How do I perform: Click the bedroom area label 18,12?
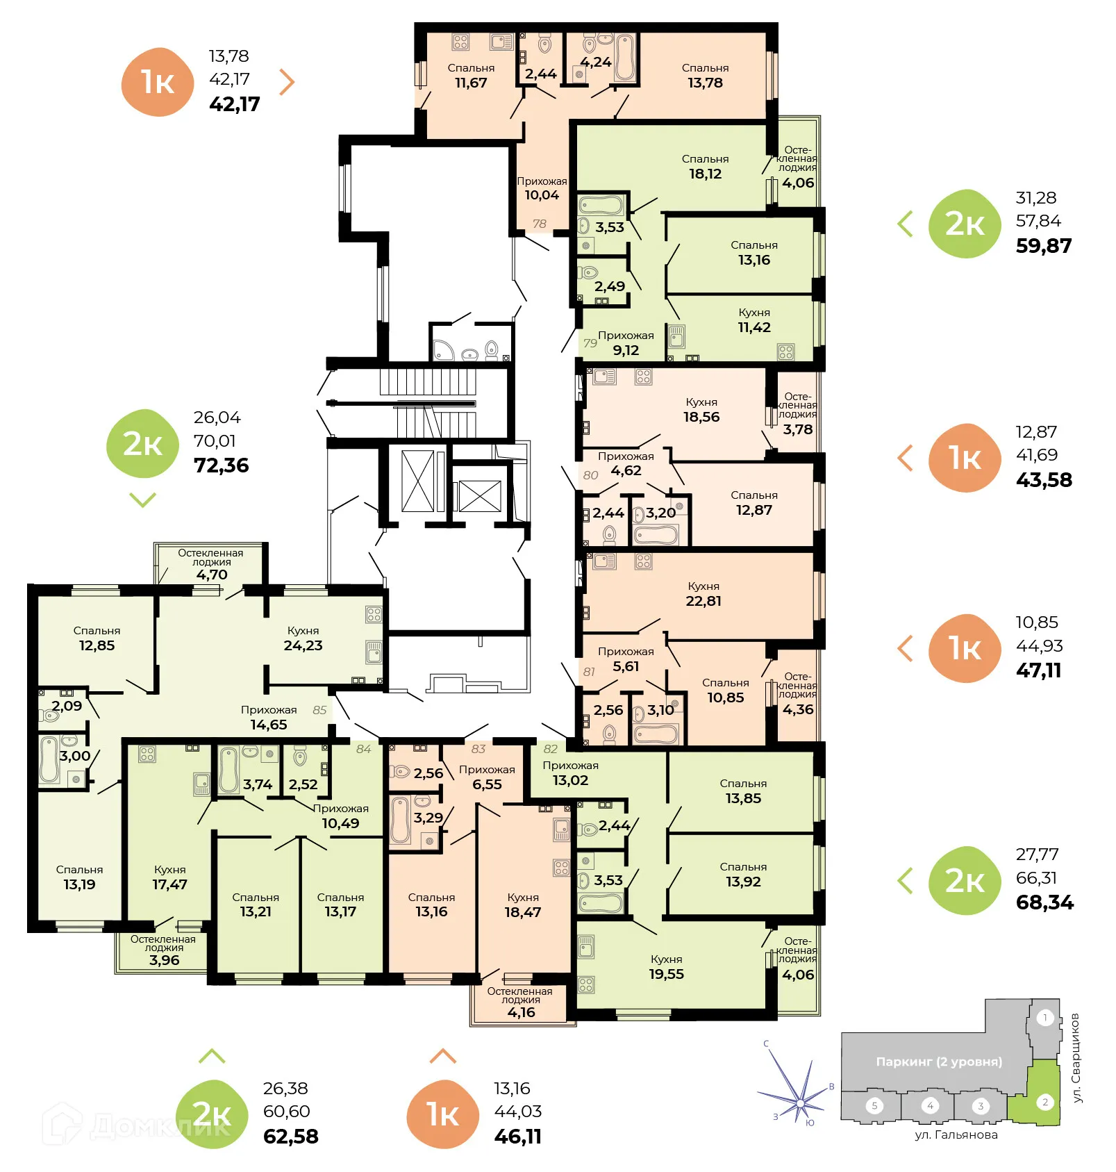tap(705, 174)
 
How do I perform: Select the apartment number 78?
tap(540, 224)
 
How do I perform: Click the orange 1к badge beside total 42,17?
tap(158, 82)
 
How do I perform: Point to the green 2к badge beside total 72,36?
tap(142, 443)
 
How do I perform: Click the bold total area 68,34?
tap(1044, 902)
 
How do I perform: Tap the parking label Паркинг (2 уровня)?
tap(938, 1062)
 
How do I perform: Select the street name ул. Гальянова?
tap(956, 1134)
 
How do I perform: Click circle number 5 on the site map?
tap(874, 1105)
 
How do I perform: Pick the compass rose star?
tap(800, 1103)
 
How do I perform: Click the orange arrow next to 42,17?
tap(287, 81)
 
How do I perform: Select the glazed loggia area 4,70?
tap(211, 575)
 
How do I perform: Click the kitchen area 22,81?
tap(703, 601)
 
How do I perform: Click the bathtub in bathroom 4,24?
tap(625, 58)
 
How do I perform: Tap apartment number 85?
tap(319, 710)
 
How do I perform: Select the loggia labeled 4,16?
tap(521, 1012)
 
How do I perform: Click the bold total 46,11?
tap(517, 1136)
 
